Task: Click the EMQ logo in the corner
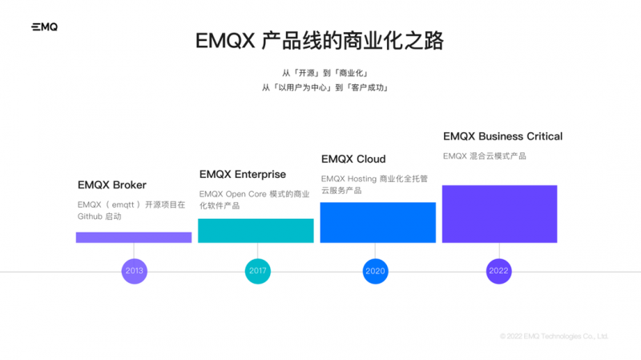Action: [x=44, y=26]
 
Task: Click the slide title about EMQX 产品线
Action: [x=320, y=41]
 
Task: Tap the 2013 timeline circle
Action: [x=134, y=271]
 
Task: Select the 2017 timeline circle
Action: [x=257, y=271]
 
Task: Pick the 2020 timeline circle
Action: [x=375, y=271]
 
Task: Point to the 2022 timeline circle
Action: [x=498, y=271]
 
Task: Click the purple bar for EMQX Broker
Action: [x=134, y=237]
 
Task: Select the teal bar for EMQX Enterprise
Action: [x=256, y=231]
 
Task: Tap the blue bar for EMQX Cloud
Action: [x=377, y=222]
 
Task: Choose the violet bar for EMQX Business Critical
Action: [x=499, y=214]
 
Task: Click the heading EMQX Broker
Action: [x=112, y=185]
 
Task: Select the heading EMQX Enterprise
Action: [x=242, y=175]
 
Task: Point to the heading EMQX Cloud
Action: [x=353, y=159]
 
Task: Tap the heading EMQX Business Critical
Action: [x=502, y=136]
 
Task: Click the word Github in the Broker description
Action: [x=90, y=216]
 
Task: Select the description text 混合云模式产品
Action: [x=498, y=156]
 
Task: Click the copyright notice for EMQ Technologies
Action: [x=554, y=336]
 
